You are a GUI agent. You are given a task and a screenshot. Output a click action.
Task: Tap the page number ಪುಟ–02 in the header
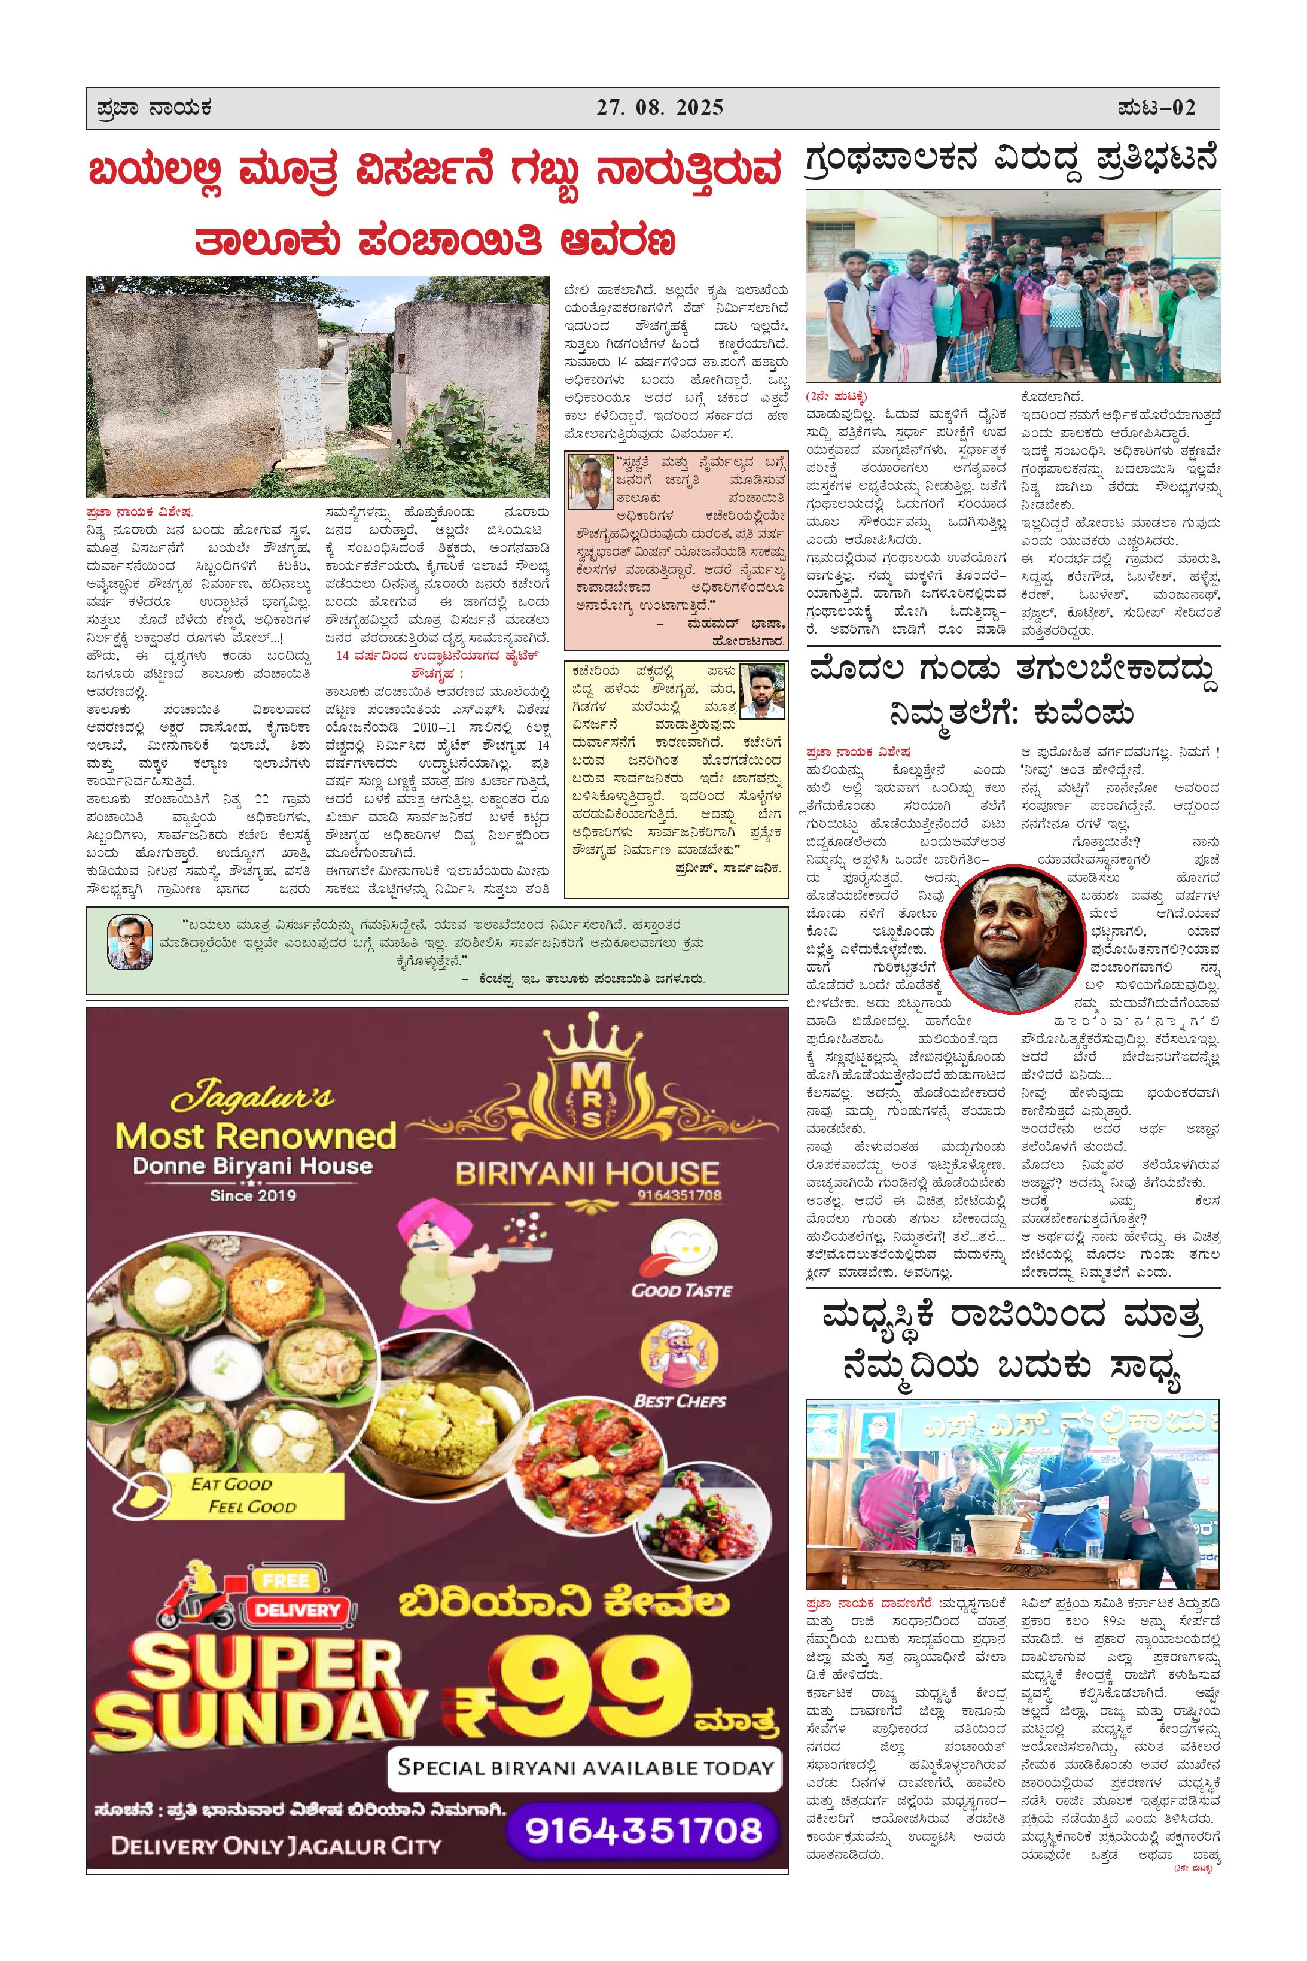(x=1157, y=108)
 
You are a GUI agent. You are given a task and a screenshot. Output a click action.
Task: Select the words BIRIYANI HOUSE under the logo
(x=587, y=1174)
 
